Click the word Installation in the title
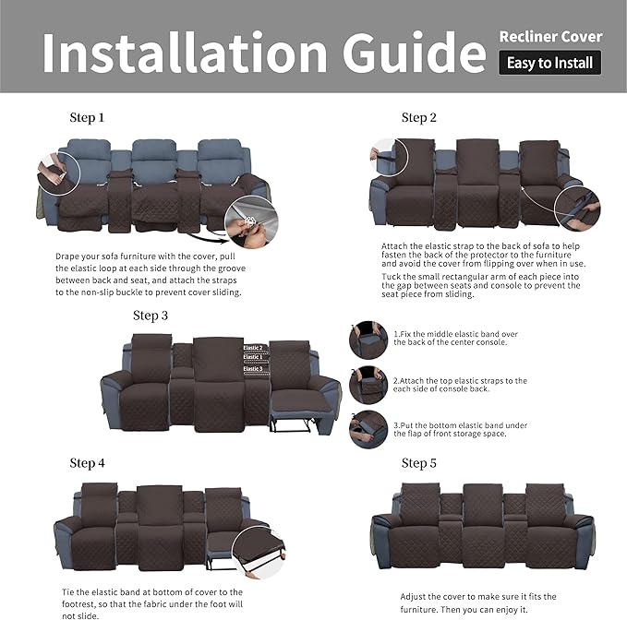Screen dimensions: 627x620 185,53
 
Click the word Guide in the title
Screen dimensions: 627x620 414,53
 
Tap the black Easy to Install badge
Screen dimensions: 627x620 549,63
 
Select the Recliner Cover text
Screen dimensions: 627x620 550,37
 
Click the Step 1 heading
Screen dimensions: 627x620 87,117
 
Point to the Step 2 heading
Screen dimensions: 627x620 418,117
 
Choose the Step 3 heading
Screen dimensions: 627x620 151,316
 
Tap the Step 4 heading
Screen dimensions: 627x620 87,463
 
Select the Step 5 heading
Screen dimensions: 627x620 418,463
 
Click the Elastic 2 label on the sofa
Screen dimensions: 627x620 253,348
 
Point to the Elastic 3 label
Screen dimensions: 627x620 253,369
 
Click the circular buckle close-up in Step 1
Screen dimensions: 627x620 251,222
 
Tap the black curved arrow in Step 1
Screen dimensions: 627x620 209,238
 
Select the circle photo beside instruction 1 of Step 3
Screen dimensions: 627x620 368,340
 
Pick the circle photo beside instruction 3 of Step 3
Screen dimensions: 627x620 368,429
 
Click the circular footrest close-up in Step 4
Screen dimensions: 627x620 259,553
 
